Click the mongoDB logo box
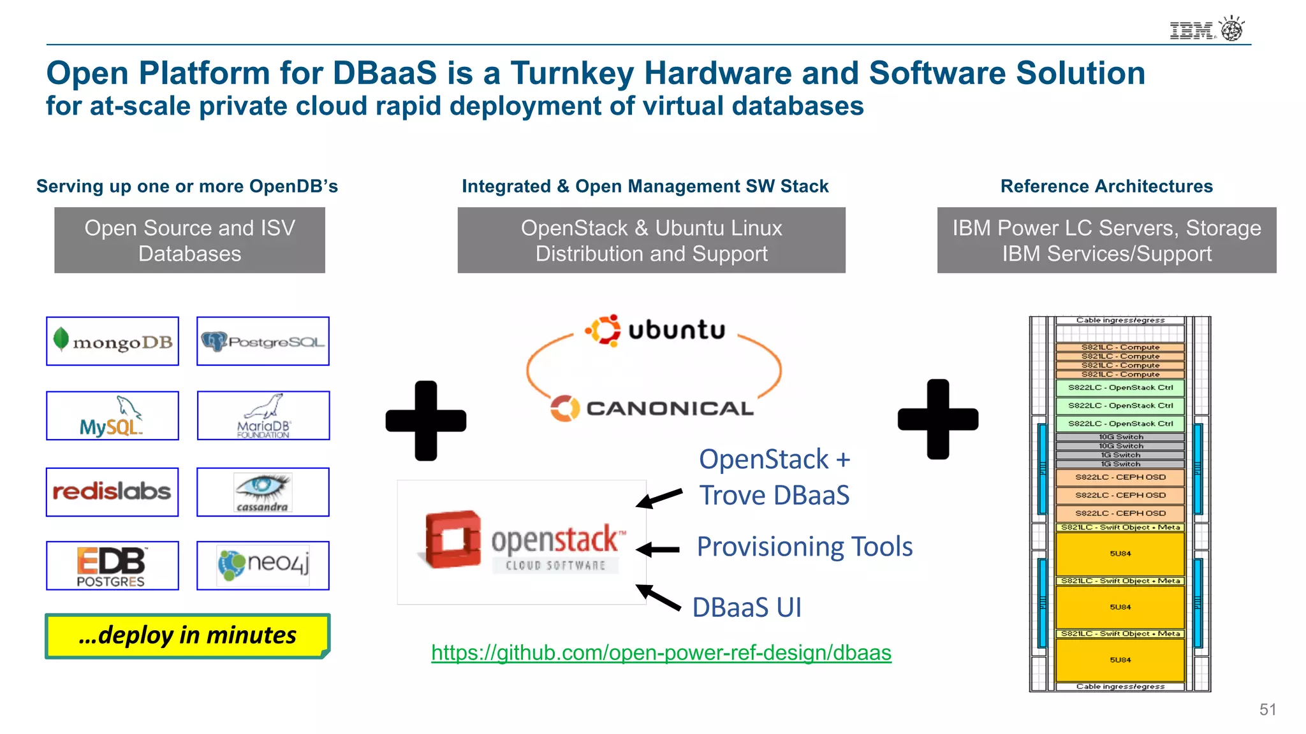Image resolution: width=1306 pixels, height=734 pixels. [112, 342]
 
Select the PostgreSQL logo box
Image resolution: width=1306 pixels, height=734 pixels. [263, 342]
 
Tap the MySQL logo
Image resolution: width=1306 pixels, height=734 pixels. [112, 416]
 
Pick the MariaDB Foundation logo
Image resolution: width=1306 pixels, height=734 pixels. [263, 416]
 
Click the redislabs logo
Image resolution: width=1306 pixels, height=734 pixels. [112, 492]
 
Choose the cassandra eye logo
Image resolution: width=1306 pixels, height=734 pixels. [263, 492]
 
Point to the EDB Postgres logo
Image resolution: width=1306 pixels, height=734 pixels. [112, 566]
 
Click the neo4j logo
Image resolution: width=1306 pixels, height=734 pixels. [263, 566]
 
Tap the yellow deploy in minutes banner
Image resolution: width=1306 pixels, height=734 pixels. [187, 636]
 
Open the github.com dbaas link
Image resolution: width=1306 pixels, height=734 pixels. [661, 653]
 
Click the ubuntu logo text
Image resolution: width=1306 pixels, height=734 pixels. [676, 330]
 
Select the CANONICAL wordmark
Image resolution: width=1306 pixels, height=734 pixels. [670, 408]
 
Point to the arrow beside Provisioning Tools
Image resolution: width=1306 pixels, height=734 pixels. [658, 549]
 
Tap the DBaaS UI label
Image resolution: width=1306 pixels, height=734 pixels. [747, 607]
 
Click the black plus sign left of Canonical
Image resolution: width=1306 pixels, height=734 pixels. [426, 421]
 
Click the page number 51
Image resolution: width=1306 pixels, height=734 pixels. [1268, 710]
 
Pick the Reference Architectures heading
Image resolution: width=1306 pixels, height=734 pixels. [1106, 186]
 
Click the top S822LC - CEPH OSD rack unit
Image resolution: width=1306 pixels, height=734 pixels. [1120, 477]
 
